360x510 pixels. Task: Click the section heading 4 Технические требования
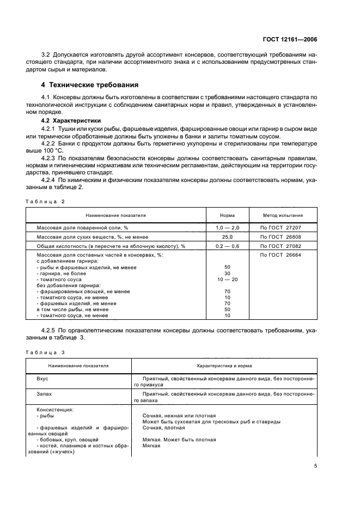89,85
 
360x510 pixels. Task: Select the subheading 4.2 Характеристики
71,120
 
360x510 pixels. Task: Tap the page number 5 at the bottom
316,466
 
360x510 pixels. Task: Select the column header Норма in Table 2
227,215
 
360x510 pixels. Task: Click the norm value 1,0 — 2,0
227,227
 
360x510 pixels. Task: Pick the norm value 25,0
227,237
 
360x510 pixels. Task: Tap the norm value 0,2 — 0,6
227,246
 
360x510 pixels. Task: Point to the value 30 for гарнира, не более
227,274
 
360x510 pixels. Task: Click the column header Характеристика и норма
225,366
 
